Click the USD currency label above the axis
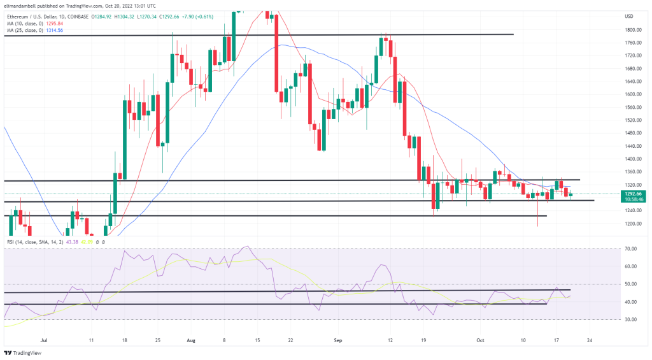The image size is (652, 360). click(628, 16)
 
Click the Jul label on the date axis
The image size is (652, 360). click(44, 340)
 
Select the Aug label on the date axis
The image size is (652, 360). click(191, 340)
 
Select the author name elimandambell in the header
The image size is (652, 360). click(23, 6)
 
